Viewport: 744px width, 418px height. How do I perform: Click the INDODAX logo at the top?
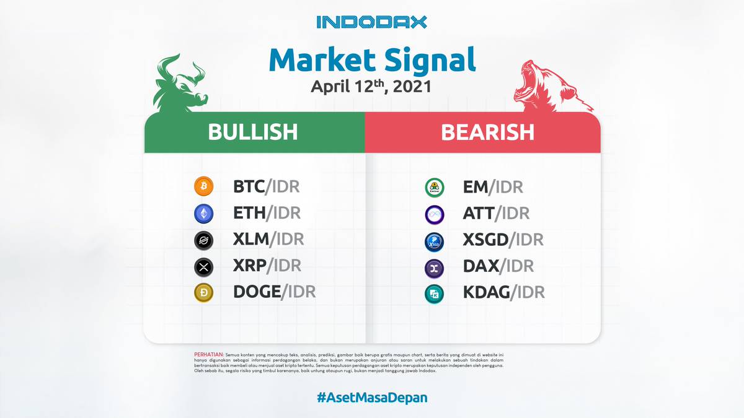371,22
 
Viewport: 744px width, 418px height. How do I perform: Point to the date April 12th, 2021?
371,87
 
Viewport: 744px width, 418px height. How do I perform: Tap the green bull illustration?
180,83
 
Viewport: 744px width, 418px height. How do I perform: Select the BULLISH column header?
253,132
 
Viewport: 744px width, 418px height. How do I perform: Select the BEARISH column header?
487,132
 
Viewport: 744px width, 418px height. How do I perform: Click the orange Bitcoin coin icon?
203,186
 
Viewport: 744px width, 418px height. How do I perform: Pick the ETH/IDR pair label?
267,212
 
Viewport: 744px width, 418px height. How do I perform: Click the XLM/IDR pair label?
268,239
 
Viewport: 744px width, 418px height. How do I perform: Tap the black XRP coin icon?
203,267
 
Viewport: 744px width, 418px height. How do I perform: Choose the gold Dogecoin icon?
203,292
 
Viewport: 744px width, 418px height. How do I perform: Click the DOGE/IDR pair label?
274,292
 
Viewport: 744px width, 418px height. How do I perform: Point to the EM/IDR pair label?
493,187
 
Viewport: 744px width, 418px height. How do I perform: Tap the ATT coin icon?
435,215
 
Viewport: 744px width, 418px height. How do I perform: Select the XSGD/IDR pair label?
503,240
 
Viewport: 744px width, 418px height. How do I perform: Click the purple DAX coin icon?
435,268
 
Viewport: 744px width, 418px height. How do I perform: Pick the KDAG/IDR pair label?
504,292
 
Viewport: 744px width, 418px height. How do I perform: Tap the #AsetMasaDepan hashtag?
372,398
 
